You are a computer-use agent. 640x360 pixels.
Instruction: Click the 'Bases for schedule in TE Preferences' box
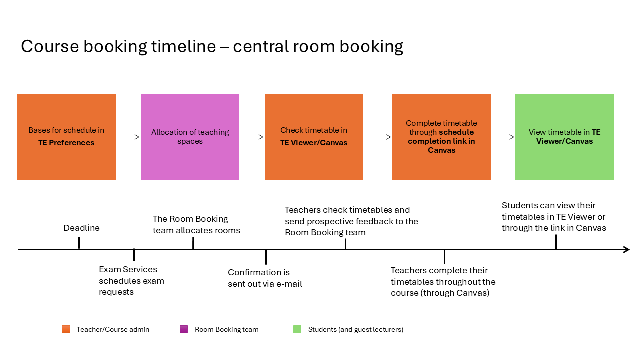[66, 137]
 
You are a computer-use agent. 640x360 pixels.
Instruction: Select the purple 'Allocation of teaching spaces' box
[190, 137]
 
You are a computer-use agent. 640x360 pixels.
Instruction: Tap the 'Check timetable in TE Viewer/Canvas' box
[313, 137]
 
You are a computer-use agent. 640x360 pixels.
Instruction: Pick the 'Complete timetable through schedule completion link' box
[441, 137]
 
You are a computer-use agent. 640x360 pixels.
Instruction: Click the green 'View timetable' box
[565, 137]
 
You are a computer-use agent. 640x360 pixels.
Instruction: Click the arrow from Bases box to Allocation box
[127, 137]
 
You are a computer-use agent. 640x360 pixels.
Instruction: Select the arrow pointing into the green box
[503, 137]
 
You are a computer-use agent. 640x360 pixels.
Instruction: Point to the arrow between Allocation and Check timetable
[251, 137]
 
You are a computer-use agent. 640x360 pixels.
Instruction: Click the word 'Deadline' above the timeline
[81, 228]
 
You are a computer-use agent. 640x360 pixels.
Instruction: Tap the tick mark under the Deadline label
[79, 243]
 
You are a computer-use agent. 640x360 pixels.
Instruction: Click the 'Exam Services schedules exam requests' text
[131, 281]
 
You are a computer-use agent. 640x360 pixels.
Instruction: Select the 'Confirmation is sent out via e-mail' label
[265, 278]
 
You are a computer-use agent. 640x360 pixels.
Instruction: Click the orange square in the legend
[66, 329]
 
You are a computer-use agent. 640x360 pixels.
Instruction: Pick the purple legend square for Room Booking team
[184, 329]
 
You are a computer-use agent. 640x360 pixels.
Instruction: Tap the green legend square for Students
[297, 329]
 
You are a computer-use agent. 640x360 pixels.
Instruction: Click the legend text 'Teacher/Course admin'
[113, 329]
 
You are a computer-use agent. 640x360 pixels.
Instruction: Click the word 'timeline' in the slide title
[183, 46]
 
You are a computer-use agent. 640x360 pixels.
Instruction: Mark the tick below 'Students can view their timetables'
[556, 242]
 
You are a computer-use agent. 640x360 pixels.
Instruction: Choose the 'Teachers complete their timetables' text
[443, 281]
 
